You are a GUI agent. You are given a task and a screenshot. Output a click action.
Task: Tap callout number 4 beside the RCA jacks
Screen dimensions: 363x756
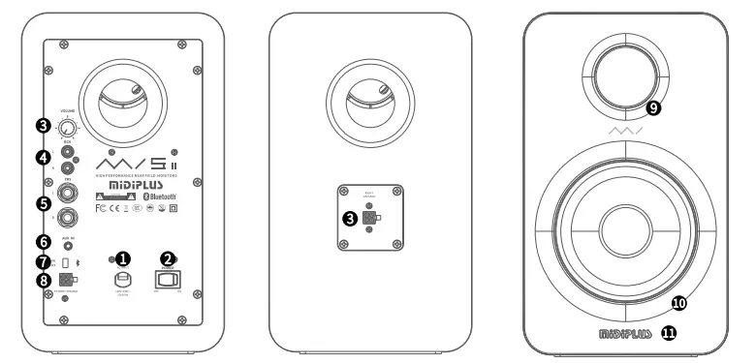click(43, 156)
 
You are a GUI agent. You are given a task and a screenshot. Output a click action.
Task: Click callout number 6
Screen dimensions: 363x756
click(43, 242)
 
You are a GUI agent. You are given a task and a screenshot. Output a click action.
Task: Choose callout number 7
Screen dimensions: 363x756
click(43, 262)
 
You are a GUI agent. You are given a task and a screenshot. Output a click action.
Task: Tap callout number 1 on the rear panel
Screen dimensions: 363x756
click(123, 258)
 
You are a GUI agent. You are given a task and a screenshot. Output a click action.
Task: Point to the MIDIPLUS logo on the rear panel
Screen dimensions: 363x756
click(138, 179)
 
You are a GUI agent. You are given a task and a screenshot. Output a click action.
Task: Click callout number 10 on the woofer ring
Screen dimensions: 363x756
click(678, 303)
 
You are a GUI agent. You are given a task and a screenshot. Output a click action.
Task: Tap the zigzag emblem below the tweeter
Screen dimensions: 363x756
click(625, 129)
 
